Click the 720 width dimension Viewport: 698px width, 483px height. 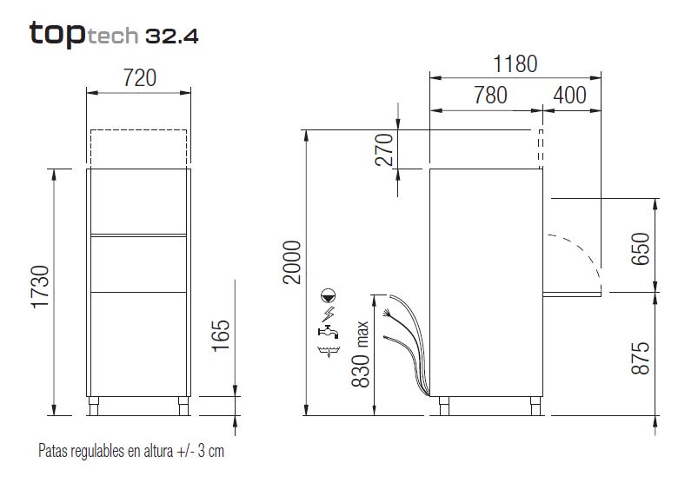pos(140,78)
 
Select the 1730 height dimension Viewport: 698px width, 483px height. pos(40,287)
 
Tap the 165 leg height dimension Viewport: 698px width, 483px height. pos(221,336)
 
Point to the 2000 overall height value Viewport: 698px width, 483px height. pos(292,262)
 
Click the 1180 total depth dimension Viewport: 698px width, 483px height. pos(515,64)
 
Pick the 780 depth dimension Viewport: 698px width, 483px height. pos(490,96)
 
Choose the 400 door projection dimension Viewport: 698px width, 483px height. pos(570,96)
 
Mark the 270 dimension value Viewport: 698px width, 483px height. pos(384,150)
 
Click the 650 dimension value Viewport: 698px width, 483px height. pos(641,249)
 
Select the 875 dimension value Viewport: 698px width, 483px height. pos(641,358)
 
